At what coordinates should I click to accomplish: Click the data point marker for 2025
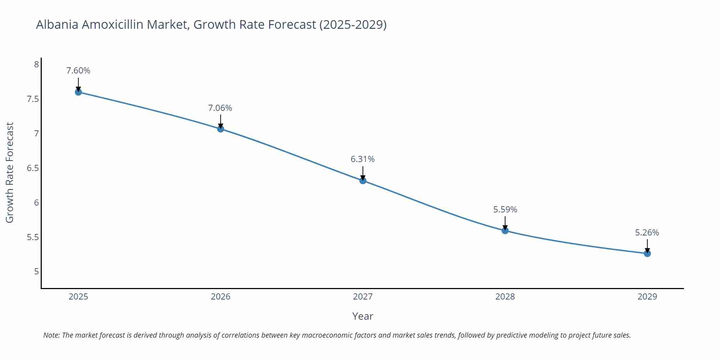pos(78,92)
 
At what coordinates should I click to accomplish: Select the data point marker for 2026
pos(221,129)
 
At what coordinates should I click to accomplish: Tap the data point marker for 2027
pos(363,180)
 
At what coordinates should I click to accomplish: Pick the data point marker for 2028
pos(505,230)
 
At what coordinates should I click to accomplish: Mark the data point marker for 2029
pos(647,253)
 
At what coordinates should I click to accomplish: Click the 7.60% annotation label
pos(78,71)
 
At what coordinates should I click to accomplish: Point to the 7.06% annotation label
pos(220,108)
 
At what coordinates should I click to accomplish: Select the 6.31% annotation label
pos(363,159)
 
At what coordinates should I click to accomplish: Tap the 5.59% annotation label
pos(505,210)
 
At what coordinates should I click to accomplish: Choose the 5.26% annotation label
pos(647,233)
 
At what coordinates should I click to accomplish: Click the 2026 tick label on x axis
pos(220,297)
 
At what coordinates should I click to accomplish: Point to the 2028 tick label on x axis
pos(505,297)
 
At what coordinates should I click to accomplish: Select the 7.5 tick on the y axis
pos(33,99)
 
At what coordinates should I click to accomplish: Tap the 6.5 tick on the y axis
pos(33,168)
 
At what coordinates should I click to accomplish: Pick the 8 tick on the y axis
pos(36,64)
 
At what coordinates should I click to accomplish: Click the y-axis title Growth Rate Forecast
pos(10,172)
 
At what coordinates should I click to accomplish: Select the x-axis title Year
pos(363,316)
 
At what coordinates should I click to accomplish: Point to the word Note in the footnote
pos(51,335)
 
